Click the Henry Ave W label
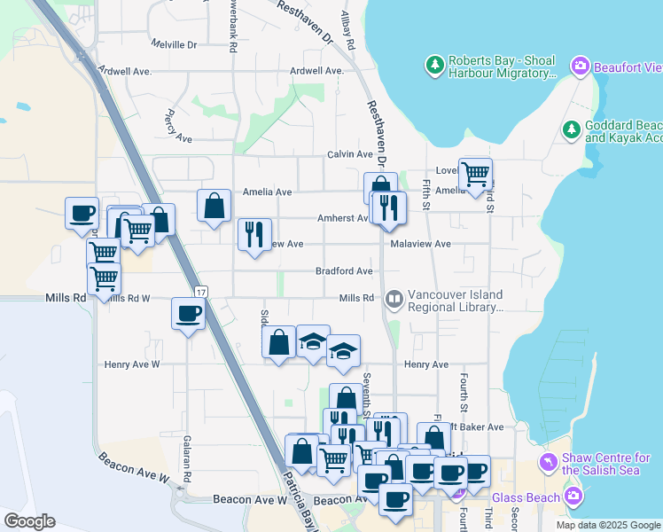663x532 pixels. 131,364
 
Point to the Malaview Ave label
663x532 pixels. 420,244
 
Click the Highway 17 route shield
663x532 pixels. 202,292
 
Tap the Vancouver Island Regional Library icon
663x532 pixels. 394,301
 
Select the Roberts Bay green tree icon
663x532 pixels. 434,65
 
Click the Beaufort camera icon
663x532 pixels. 581,65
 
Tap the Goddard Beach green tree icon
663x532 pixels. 572,130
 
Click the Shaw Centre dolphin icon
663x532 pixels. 549,463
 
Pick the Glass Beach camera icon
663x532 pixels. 573,497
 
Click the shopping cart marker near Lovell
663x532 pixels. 476,173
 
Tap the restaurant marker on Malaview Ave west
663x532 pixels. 254,234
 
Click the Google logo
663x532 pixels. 29,521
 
